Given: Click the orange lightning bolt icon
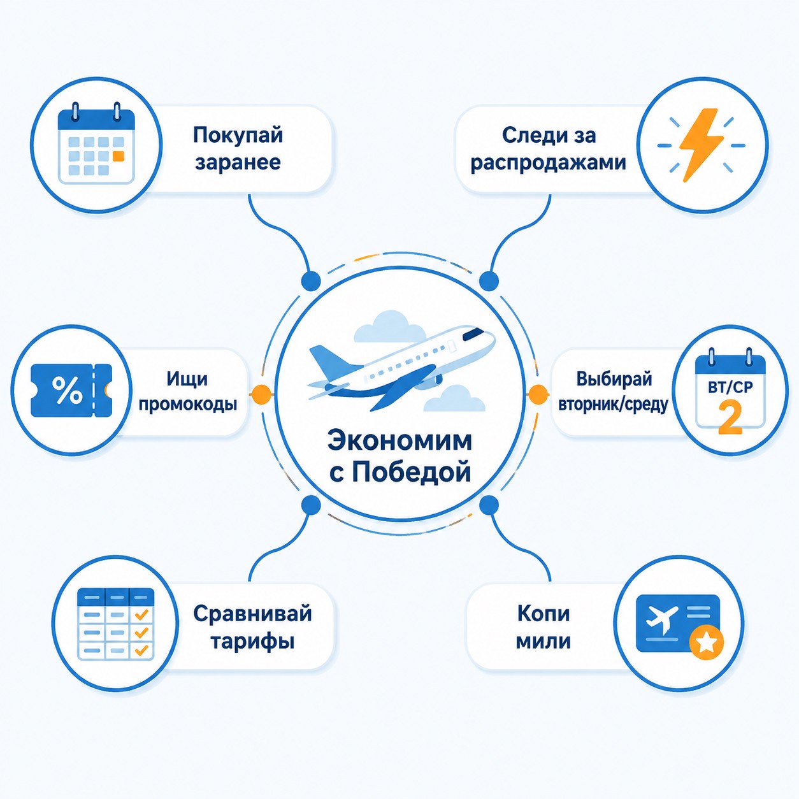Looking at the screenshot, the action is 701,145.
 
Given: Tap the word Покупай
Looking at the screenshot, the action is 238,136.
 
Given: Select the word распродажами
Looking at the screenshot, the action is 548,163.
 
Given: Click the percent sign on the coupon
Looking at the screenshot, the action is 67,391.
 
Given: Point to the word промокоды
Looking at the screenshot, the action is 188,404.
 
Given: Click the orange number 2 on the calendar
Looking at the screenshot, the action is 730,417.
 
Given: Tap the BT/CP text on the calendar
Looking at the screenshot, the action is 730,387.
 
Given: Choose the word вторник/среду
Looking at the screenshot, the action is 613,404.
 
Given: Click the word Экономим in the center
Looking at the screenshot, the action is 399,441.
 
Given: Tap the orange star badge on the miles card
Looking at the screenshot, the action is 706,643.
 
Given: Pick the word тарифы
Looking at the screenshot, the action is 252,642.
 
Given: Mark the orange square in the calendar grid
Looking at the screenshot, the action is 118,156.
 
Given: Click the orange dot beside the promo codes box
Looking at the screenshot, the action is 261,392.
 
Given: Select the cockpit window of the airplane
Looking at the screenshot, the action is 474,334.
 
